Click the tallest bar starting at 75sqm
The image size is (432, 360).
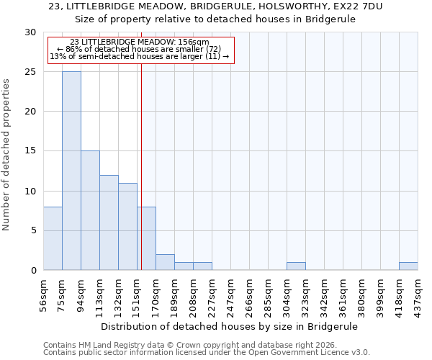point(71,171)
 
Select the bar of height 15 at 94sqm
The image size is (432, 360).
point(90,210)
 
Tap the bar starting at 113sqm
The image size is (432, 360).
point(109,222)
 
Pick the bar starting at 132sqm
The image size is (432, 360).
point(127,227)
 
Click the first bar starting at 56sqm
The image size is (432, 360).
point(53,238)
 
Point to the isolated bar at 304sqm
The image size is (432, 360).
point(296,266)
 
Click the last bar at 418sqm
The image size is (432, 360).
point(408,266)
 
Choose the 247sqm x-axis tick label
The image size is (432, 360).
point(230,293)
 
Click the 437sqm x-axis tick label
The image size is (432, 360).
point(418,293)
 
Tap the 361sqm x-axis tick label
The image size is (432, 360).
point(343,293)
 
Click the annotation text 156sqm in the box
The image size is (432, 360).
point(194,42)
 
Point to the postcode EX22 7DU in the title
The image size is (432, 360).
point(356,6)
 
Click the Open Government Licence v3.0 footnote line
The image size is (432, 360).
point(207,352)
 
